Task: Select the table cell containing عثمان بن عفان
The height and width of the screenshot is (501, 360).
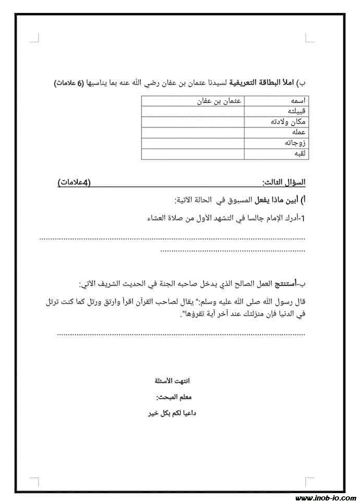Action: point(219,101)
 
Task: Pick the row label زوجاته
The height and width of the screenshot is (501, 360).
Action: point(294,143)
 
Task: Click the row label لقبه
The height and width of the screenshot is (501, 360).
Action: point(298,154)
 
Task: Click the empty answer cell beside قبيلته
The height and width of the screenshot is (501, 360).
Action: point(193,111)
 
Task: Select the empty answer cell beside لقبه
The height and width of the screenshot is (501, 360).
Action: point(193,154)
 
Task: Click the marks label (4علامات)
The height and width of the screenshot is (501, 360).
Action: point(74,182)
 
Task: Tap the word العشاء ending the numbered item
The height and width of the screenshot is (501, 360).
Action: point(160,219)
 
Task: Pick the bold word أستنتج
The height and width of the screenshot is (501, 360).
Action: point(286,284)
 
